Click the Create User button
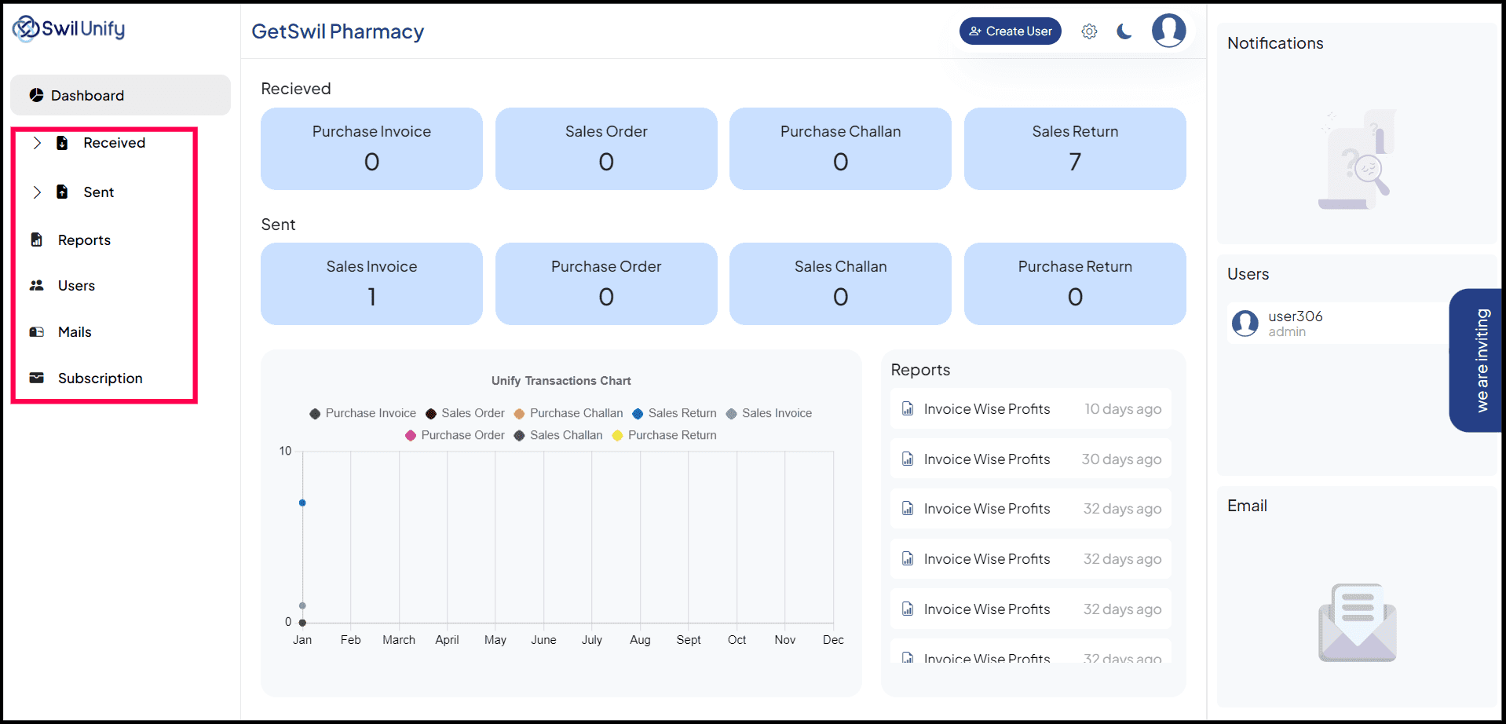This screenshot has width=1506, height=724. (1010, 31)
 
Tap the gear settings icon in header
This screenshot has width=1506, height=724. (1089, 31)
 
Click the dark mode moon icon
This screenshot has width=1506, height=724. (1124, 31)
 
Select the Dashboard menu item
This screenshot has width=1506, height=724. (120, 95)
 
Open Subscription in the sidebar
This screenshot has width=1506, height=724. (100, 378)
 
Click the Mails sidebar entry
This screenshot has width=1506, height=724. (75, 332)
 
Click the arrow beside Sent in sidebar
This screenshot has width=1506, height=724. (37, 192)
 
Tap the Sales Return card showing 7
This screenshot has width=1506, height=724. (1074, 148)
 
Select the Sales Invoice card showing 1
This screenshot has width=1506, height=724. (371, 283)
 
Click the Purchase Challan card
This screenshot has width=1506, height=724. (840, 148)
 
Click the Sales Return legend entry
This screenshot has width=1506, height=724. (674, 413)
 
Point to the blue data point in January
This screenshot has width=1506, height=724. (302, 503)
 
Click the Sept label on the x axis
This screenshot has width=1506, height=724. (688, 640)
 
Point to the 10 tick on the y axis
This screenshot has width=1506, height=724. (285, 451)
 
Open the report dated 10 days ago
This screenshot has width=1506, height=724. (1030, 409)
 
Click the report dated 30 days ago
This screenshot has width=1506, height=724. (1030, 459)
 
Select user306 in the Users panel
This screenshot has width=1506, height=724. (1295, 323)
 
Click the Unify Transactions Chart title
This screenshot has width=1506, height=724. (561, 381)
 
